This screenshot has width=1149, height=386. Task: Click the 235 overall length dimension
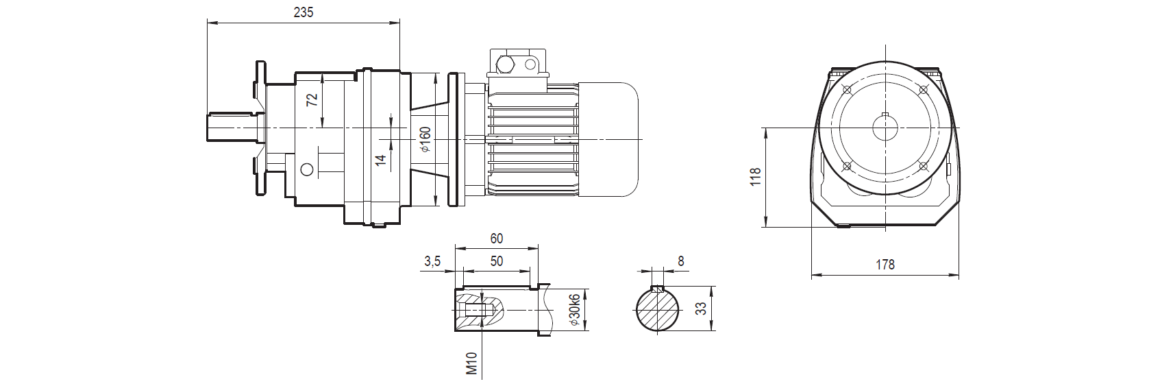click(302, 13)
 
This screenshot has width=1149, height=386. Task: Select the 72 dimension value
click(312, 99)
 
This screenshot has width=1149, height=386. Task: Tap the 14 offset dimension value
click(381, 160)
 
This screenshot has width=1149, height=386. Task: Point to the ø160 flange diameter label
click(425, 139)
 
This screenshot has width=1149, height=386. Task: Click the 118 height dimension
click(756, 176)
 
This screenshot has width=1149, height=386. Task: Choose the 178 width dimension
click(885, 265)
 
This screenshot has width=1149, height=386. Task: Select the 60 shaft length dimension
click(497, 239)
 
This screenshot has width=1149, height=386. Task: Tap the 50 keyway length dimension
click(497, 261)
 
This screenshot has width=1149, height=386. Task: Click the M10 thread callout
click(471, 363)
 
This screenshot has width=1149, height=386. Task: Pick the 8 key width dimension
click(680, 261)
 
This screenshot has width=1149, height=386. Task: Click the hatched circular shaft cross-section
click(657, 312)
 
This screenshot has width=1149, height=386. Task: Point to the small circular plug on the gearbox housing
click(306, 169)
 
